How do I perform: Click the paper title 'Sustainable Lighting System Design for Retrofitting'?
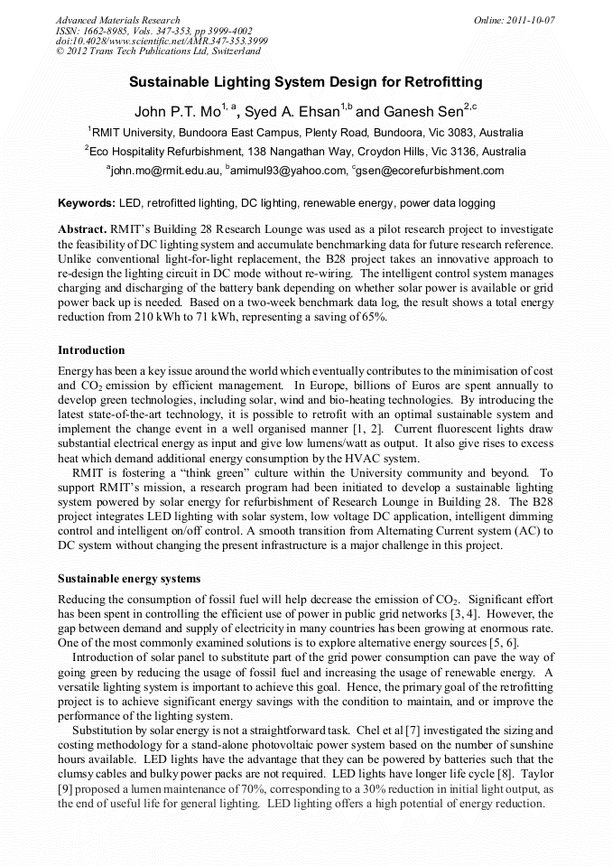(x=306, y=82)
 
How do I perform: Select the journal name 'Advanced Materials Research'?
(x=117, y=20)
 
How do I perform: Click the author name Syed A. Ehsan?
(x=291, y=113)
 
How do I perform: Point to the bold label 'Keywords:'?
(x=87, y=204)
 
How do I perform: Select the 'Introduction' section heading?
(x=91, y=349)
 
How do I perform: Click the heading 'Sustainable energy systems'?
(x=129, y=577)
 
